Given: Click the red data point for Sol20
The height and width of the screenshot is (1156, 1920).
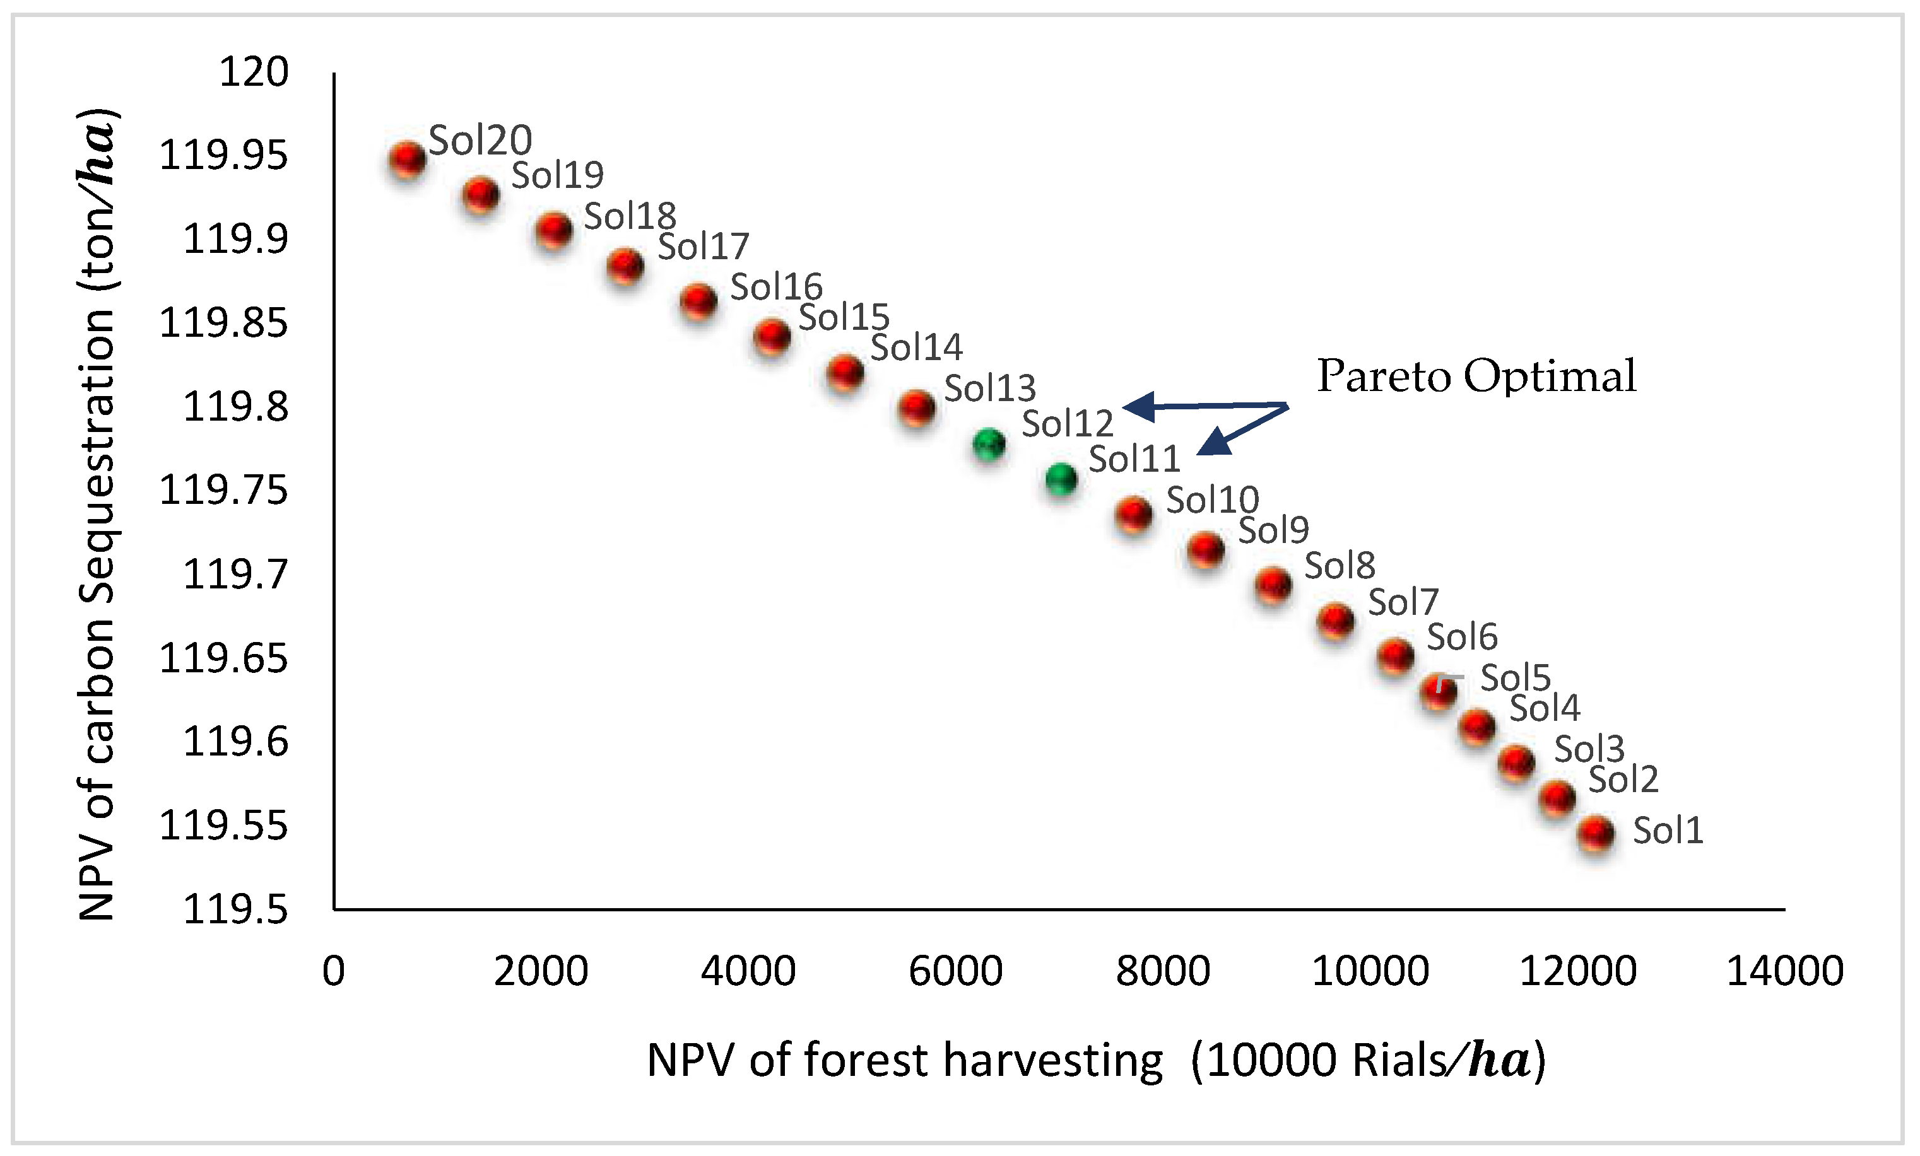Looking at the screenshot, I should (408, 160).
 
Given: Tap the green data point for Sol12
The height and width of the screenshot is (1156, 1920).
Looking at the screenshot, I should (989, 445).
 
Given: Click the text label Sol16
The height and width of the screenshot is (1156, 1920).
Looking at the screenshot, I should (776, 288).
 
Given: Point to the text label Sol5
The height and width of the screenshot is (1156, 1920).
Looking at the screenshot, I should (1515, 679).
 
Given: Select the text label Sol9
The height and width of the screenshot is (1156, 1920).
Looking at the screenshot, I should (1273, 530).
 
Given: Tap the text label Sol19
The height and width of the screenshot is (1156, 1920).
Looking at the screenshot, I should (557, 175).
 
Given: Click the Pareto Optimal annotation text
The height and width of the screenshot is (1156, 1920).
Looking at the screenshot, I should (1476, 377).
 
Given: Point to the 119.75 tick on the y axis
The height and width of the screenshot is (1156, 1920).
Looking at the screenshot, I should (223, 491).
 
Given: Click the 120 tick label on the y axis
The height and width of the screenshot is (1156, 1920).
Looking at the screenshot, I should (254, 73).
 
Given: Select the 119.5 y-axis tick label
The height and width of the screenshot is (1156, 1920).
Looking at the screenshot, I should (235, 909).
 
